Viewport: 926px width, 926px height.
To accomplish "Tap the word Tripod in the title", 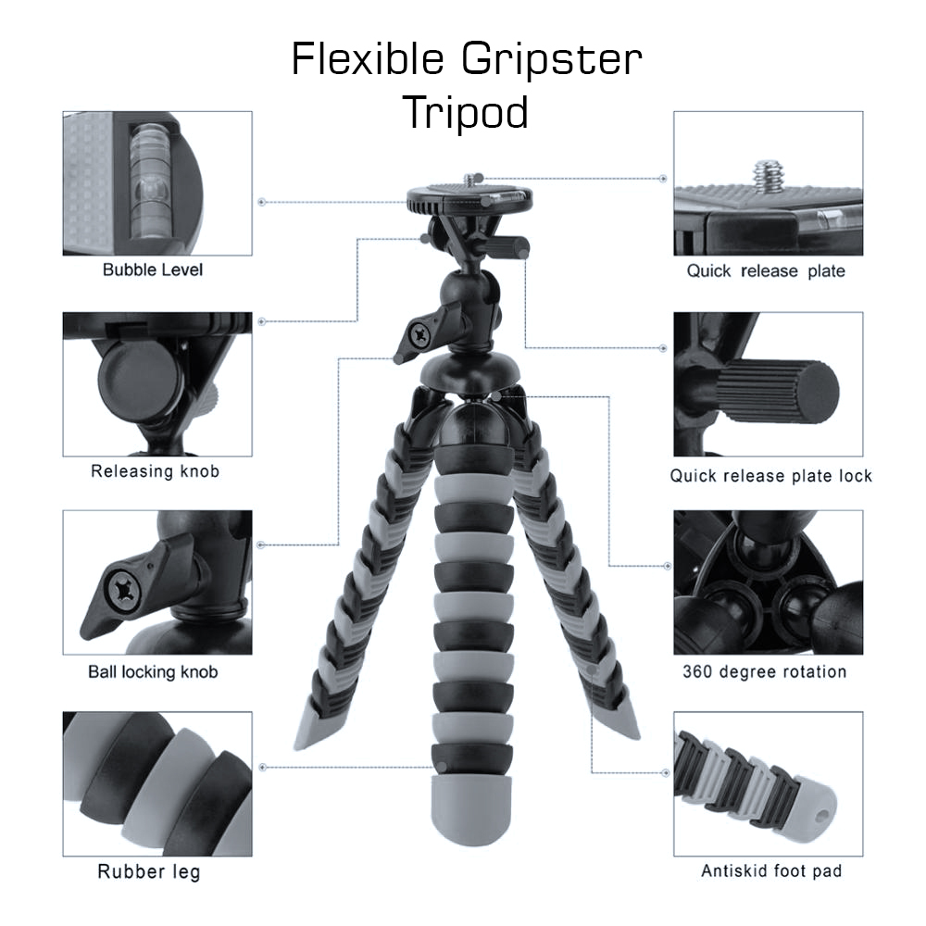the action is (x=466, y=112).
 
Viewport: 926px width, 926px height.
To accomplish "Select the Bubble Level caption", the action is (x=153, y=269).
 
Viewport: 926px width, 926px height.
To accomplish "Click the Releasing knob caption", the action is (x=155, y=471).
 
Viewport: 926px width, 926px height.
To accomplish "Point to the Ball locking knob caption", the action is (x=153, y=672).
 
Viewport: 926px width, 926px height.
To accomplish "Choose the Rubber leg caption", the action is (x=149, y=871).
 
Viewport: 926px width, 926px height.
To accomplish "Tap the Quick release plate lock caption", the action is (x=770, y=476).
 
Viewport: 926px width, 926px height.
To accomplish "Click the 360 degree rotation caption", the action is (x=765, y=672).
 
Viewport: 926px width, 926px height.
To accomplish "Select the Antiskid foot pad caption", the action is (x=771, y=871).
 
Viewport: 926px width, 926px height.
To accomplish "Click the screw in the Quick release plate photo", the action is (x=768, y=176).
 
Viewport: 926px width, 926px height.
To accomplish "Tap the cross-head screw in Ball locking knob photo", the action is (x=125, y=590).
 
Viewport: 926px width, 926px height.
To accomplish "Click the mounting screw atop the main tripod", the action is (x=470, y=180).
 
